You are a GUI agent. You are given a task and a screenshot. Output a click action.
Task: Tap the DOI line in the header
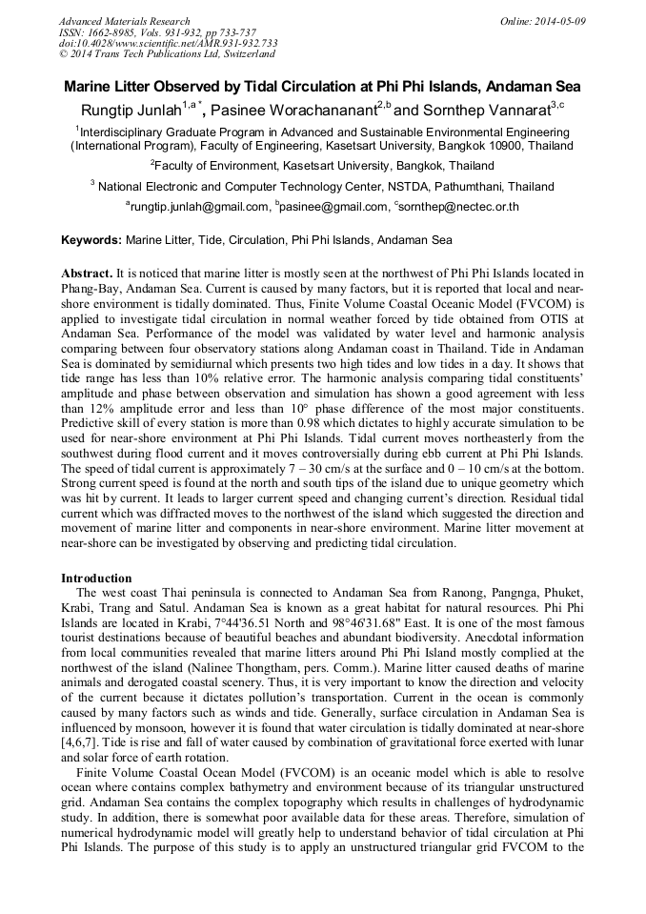pyautogui.click(x=168, y=44)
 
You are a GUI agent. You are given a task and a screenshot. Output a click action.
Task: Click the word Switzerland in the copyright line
pyautogui.click(x=247, y=54)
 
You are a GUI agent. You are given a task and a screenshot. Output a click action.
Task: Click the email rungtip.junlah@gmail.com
pyautogui.click(x=200, y=206)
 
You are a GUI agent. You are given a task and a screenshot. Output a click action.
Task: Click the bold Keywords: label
pyautogui.click(x=91, y=240)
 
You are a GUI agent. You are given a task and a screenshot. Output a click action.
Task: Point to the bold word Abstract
pyautogui.click(x=87, y=273)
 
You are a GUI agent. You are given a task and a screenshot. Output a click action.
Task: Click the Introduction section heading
pyautogui.click(x=96, y=578)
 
